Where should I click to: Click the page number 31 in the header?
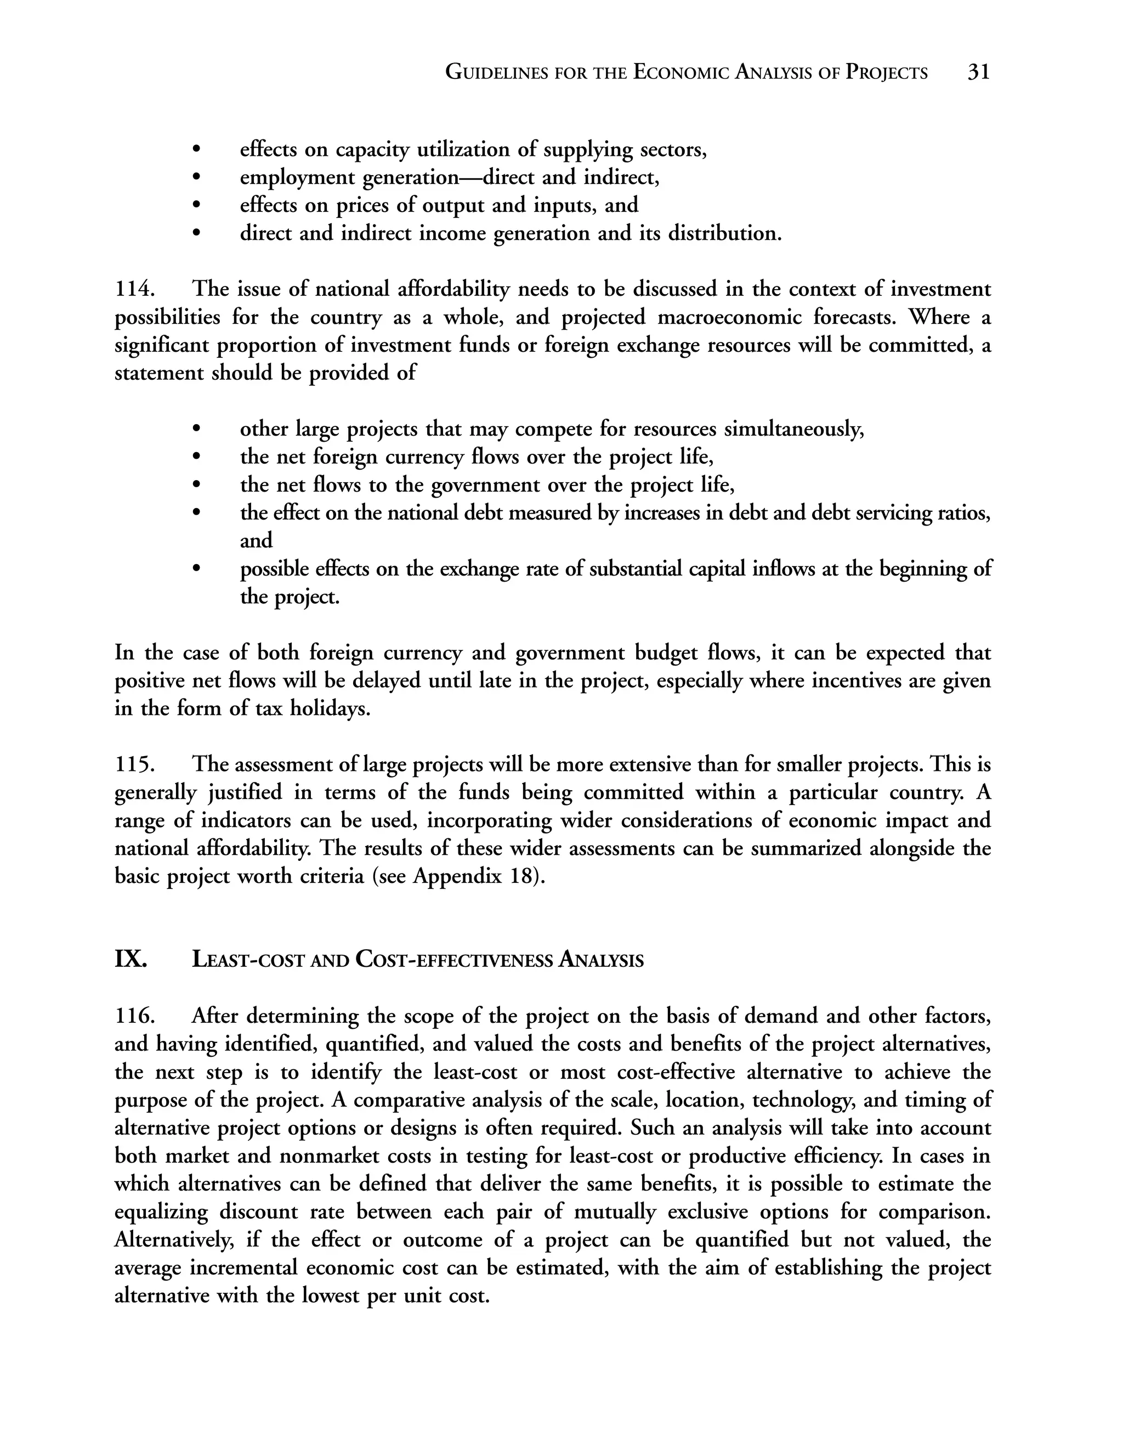(x=978, y=72)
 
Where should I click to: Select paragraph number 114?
(x=135, y=289)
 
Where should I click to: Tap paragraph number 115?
(x=135, y=764)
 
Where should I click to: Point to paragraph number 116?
(x=135, y=1016)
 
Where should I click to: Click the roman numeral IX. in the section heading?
(x=131, y=959)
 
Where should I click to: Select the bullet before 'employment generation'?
(x=196, y=178)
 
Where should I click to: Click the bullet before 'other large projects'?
(x=196, y=430)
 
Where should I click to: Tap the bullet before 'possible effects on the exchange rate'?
(x=196, y=569)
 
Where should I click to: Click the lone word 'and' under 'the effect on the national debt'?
(x=256, y=540)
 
